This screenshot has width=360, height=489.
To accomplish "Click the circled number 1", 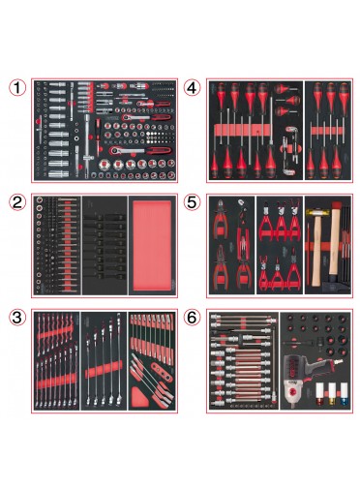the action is [x=17, y=87].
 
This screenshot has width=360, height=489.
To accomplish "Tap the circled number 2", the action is [x=17, y=202].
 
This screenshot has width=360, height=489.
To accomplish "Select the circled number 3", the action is [x=17, y=318].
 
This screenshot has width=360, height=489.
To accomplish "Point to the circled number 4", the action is [x=192, y=87].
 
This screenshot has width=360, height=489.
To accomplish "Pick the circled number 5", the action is [x=192, y=202].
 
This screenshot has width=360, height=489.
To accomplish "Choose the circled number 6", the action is [x=192, y=318].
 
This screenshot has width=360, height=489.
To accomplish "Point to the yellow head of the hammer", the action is [x=315, y=212].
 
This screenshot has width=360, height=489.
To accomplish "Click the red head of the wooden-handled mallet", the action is [x=336, y=205].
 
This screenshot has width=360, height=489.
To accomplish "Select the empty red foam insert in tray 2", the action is [x=152, y=245].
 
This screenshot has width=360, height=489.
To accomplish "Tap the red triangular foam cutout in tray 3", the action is [x=139, y=397].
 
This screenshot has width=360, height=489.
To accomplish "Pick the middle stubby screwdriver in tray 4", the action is [x=285, y=102].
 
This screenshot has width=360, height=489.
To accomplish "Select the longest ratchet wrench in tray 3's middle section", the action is [x=120, y=357].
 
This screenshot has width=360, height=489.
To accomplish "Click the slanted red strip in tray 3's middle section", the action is [x=104, y=369].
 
